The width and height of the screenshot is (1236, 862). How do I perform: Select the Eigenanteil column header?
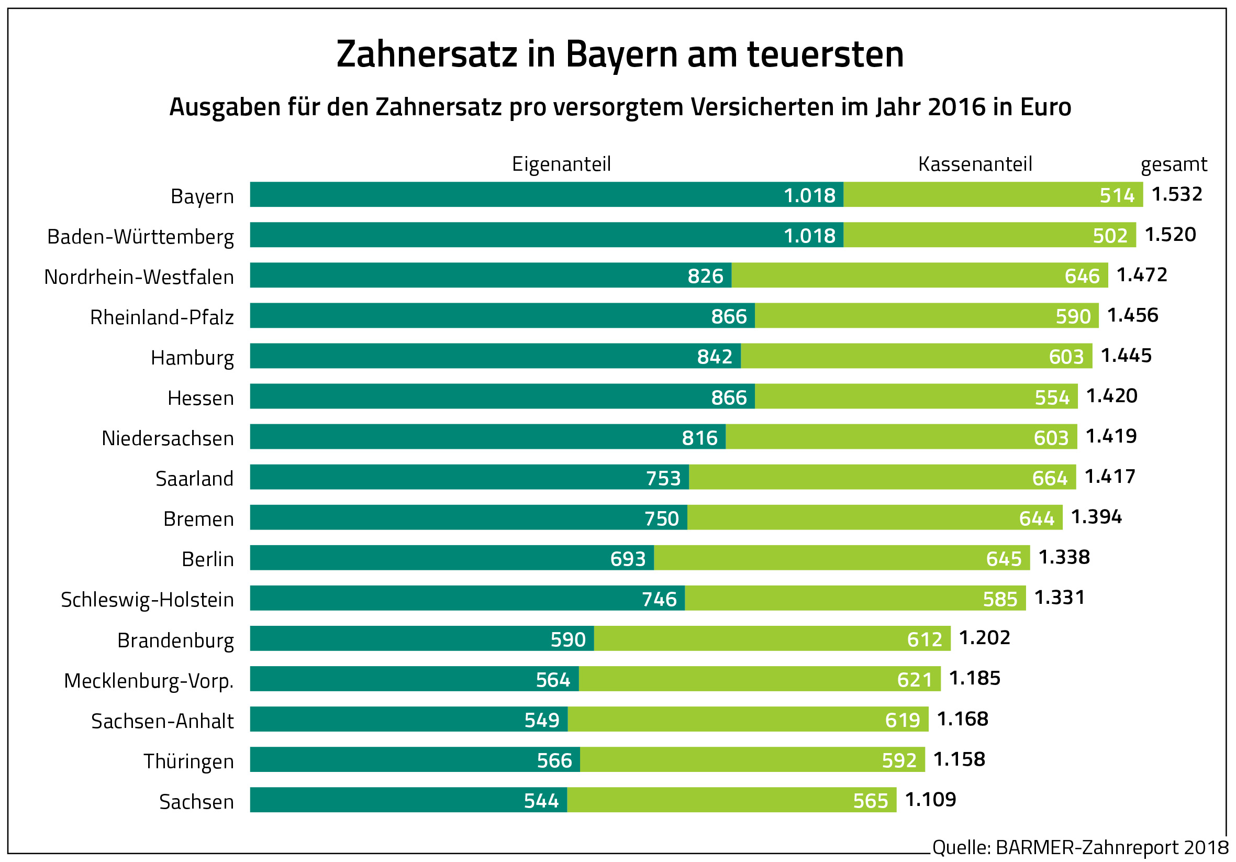pyautogui.click(x=561, y=164)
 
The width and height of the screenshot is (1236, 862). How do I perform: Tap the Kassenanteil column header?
pyautogui.click(x=975, y=164)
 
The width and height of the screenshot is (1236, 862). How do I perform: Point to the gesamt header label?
pyautogui.click(x=1174, y=164)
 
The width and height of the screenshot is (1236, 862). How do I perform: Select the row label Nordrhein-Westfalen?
pyautogui.click(x=139, y=277)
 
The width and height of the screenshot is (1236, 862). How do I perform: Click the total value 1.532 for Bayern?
pyautogui.click(x=1177, y=194)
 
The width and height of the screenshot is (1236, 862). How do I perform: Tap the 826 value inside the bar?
pyautogui.click(x=705, y=276)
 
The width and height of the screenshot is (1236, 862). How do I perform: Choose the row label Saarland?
pyautogui.click(x=194, y=479)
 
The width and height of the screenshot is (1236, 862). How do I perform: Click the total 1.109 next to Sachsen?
pyautogui.click(x=930, y=800)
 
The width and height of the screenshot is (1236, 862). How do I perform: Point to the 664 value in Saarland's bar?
pyautogui.click(x=1050, y=478)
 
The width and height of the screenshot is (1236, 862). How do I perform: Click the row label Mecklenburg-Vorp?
pyautogui.click(x=149, y=681)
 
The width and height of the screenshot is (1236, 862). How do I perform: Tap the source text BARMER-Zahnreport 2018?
pyautogui.click(x=1112, y=847)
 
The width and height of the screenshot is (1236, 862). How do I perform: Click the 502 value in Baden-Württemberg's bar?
pyautogui.click(x=1110, y=236)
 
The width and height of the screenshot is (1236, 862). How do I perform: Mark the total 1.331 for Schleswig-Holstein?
pyautogui.click(x=1060, y=598)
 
